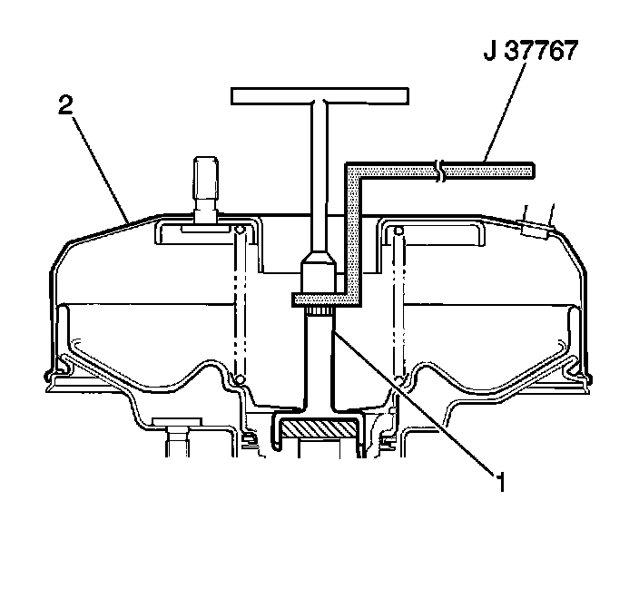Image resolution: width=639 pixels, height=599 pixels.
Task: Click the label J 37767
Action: click(530, 51)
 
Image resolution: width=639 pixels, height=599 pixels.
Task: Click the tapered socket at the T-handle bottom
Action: click(319, 272)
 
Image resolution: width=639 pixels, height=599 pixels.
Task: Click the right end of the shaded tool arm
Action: click(526, 169)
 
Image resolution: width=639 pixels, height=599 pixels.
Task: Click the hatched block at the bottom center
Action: click(319, 428)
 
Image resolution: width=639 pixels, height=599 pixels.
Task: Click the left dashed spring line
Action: click(238, 299)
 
